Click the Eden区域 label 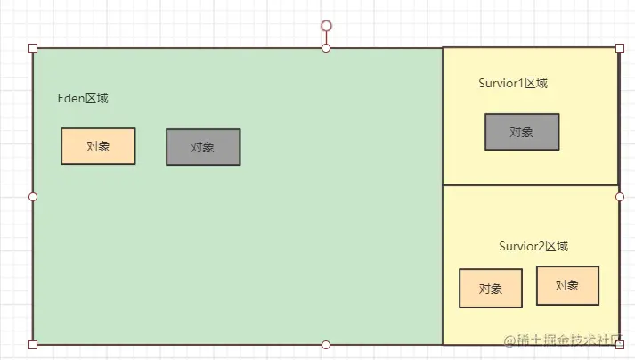point(83,99)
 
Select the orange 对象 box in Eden point(98,147)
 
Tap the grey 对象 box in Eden point(203,147)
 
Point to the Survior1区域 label point(512,84)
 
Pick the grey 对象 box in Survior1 point(522,132)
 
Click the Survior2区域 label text point(533,247)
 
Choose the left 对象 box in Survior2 point(491,289)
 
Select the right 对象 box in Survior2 point(567,285)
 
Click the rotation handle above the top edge point(326,26)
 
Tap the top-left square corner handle point(33,47)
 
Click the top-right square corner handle point(620,47)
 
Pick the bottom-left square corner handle point(33,344)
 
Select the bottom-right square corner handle point(620,344)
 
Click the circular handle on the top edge point(326,47)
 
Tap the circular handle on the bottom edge point(326,344)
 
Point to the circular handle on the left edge point(33,196)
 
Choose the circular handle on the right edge point(620,196)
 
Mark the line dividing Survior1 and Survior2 point(530,185)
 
